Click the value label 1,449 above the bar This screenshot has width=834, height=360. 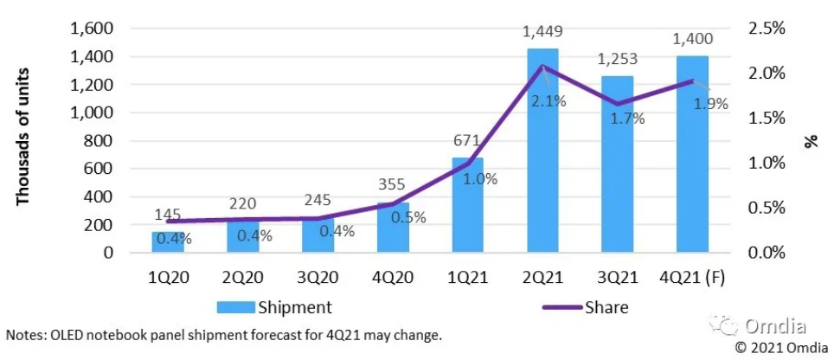point(543,33)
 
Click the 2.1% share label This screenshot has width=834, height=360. point(549,101)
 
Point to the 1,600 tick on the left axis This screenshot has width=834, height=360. point(91,29)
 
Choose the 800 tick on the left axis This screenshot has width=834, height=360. point(99,141)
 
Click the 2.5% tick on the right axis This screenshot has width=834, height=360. point(766,29)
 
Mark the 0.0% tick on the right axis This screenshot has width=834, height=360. point(766,253)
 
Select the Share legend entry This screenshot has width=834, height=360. point(606,306)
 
